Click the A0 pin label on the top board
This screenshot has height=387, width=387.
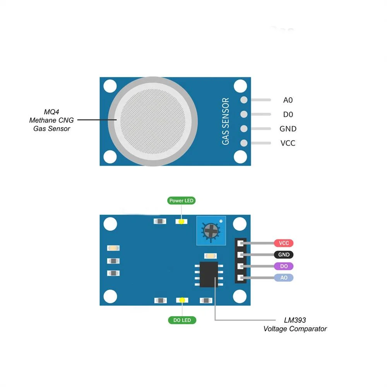pyautogui.click(x=288, y=100)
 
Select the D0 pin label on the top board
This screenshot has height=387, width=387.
pyautogui.click(x=288, y=114)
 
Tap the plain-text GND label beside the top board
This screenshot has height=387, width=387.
pyautogui.click(x=288, y=128)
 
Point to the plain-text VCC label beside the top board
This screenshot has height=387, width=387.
pyautogui.click(x=288, y=143)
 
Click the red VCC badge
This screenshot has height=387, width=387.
pyautogui.click(x=284, y=243)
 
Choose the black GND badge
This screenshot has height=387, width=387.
pyautogui.click(x=284, y=255)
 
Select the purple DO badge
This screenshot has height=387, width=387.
pyautogui.click(x=284, y=266)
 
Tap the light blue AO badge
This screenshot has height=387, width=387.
pyautogui.click(x=284, y=277)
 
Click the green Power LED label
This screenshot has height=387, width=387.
pyautogui.click(x=182, y=200)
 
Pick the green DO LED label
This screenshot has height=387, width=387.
pyautogui.click(x=182, y=320)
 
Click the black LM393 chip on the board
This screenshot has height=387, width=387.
pyautogui.click(x=209, y=274)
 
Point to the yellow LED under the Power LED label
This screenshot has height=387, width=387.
pyautogui.click(x=182, y=222)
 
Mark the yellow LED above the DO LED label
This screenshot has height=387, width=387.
pyautogui.click(x=182, y=300)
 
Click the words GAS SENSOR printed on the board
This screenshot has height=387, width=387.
pyautogui.click(x=226, y=121)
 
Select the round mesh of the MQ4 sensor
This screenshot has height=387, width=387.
pyautogui.click(x=153, y=122)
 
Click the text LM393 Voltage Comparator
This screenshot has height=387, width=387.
pyautogui.click(x=295, y=325)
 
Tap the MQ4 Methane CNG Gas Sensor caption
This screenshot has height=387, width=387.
pyautogui.click(x=51, y=120)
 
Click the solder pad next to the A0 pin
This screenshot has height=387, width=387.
pyautogui.click(x=244, y=100)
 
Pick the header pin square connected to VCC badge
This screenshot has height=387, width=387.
pyautogui.click(x=240, y=243)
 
